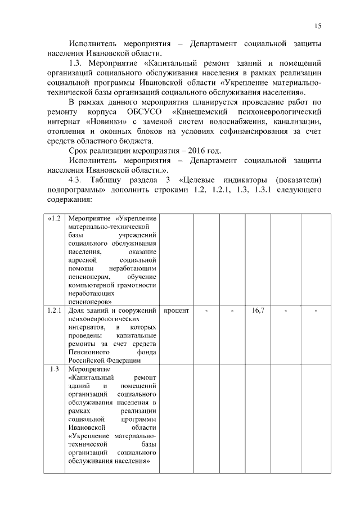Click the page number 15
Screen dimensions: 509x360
coord(318,26)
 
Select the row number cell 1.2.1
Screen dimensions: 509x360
coord(55,310)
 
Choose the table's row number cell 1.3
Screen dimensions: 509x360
coord(55,369)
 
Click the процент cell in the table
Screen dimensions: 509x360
coord(177,310)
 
